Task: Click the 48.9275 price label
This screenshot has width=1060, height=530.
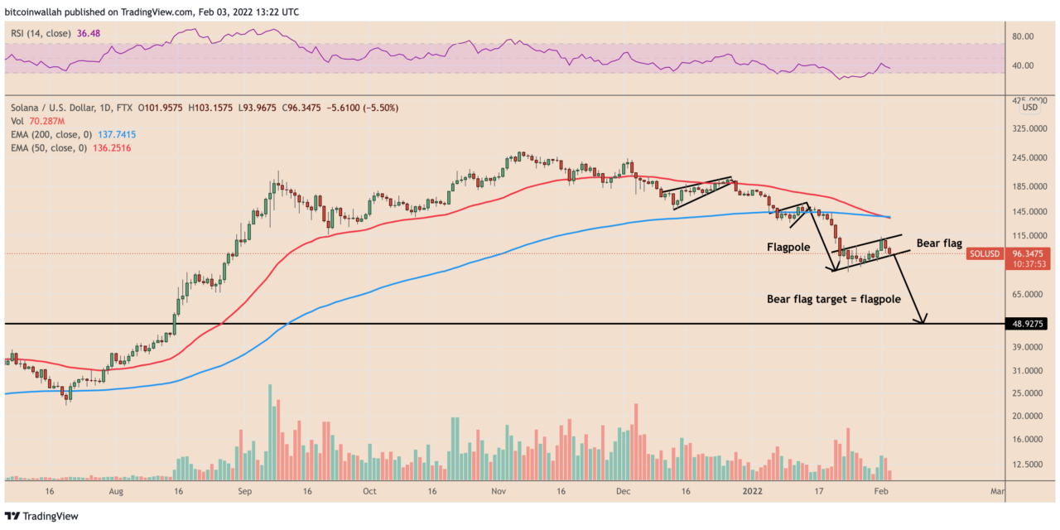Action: (1030, 324)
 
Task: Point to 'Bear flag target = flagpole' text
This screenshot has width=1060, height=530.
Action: (834, 300)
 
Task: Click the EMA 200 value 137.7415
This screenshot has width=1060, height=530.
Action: (113, 134)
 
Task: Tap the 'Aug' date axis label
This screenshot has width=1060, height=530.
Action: (116, 491)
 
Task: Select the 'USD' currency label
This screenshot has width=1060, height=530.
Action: (1030, 108)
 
